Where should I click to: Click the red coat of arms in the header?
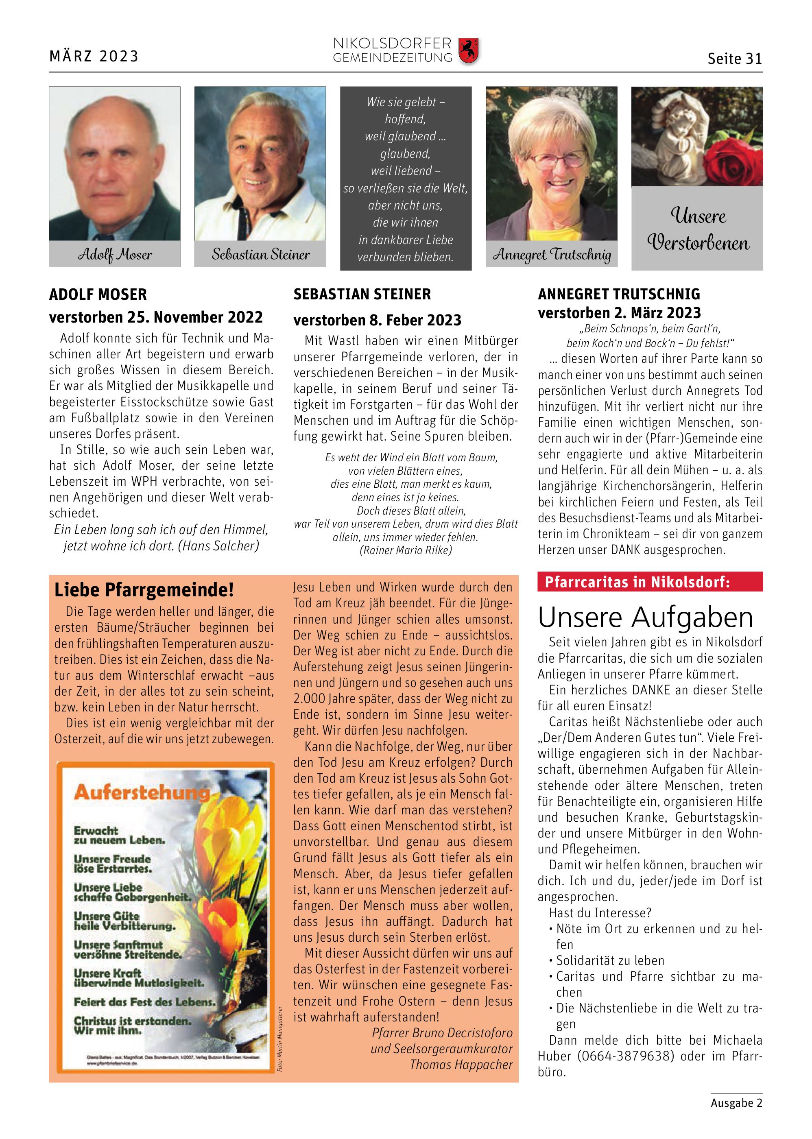coord(469,50)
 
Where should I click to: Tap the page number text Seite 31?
coord(734,59)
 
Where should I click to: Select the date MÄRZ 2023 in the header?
coord(94,56)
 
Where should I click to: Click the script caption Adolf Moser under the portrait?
coord(114,255)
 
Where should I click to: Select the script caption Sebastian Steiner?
coord(260,255)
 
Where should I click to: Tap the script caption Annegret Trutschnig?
coord(552,255)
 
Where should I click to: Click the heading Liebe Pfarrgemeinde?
coord(144,590)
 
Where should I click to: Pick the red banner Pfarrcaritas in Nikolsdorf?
coord(637,582)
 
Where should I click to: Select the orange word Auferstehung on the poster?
coord(142,792)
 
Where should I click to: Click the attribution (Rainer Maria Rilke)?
coord(405,550)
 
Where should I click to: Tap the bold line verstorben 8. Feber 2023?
coord(377,320)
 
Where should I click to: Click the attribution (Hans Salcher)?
coord(218,545)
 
